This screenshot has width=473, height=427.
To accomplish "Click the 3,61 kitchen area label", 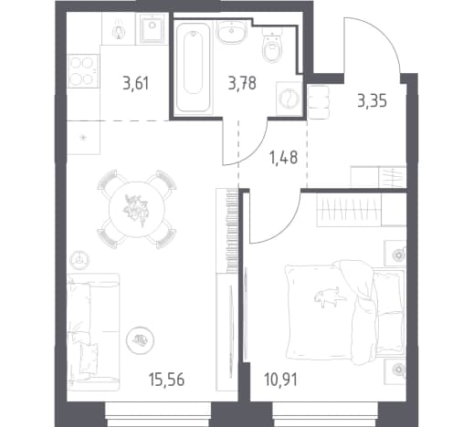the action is tap(136, 84).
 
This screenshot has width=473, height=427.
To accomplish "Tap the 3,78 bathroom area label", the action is tap(242, 83).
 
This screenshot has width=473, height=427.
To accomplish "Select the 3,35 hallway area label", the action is tap(373, 101).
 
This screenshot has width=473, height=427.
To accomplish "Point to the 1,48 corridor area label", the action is tap(283, 158).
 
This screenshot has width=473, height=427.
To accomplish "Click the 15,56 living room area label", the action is tap(166, 380).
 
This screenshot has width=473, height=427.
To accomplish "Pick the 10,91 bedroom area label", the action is tap(280, 380).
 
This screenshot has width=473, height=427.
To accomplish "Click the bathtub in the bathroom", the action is tap(194, 67).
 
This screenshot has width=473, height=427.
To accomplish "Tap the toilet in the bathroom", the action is tap(272, 45).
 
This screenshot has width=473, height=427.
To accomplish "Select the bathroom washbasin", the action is tap(232, 32).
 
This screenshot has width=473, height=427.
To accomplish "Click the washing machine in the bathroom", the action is tap(289, 99).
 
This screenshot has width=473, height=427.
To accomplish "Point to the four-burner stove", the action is tap(82, 71).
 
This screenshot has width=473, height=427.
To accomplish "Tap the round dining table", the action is tap(137, 209).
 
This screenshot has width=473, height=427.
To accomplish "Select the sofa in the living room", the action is tap(93, 331).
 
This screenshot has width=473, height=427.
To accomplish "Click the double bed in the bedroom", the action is tap(345, 312).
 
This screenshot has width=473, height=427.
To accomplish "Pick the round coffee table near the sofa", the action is tap(141, 340).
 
